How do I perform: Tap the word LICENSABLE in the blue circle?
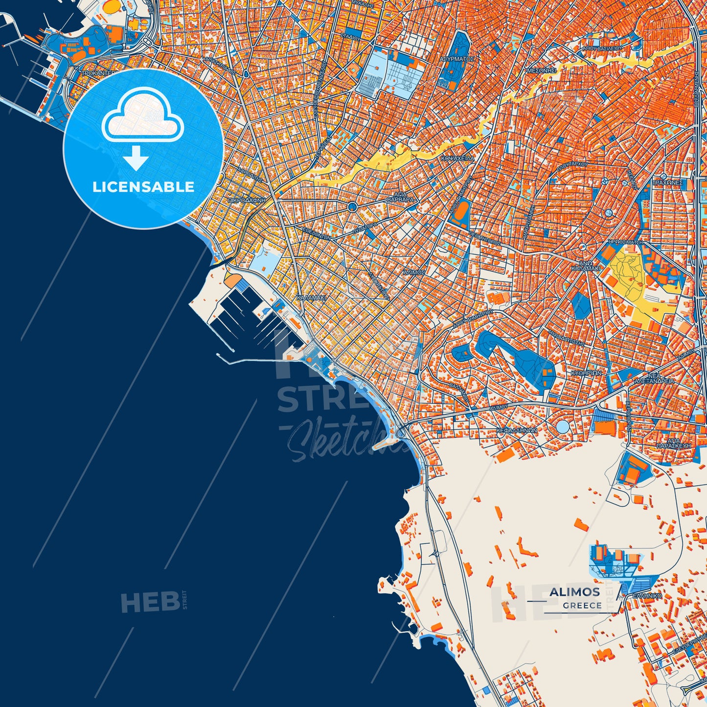pyautogui.click(x=143, y=187)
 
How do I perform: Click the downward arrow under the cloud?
pyautogui.click(x=136, y=158)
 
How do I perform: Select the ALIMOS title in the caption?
pyautogui.click(x=574, y=592)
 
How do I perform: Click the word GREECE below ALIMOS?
pyautogui.click(x=582, y=605)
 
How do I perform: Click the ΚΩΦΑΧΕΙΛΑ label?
pyautogui.click(x=456, y=159)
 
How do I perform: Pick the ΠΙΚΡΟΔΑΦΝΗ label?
pyautogui.click(x=246, y=200)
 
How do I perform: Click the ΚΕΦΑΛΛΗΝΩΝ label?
pyautogui.click(x=517, y=431)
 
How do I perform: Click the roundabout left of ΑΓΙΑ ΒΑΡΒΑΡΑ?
pyautogui.click(x=352, y=207)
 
